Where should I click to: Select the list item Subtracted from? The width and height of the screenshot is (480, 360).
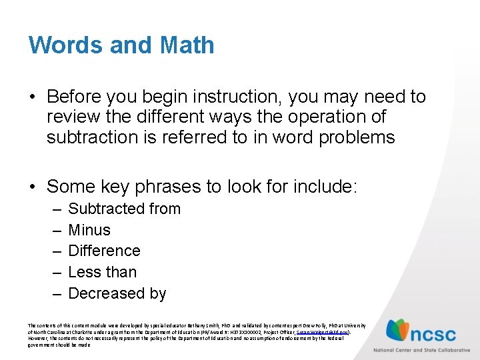(x=124, y=209)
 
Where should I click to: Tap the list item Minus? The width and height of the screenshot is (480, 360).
(x=89, y=230)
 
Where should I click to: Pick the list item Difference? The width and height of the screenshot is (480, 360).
(x=104, y=251)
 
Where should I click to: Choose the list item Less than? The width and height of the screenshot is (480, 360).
(x=102, y=272)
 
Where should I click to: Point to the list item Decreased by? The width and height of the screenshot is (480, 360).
(x=117, y=293)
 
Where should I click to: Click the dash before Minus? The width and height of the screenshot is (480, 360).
(x=55, y=231)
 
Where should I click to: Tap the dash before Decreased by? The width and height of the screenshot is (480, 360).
(x=55, y=294)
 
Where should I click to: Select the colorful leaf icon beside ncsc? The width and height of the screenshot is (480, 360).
(x=399, y=330)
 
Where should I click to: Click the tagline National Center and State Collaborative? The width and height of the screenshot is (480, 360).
(x=421, y=349)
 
